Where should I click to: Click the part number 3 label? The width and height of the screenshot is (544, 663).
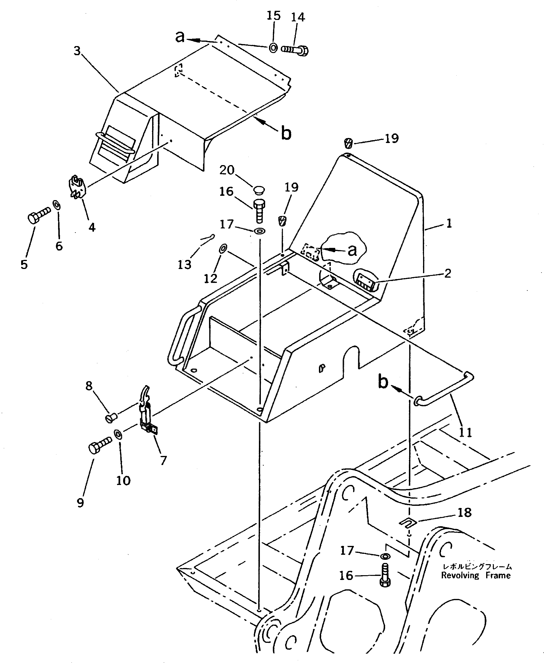pyautogui.click(x=77, y=51)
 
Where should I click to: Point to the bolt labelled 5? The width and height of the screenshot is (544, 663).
pyautogui.click(x=39, y=215)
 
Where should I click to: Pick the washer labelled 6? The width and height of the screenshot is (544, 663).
pyautogui.click(x=57, y=206)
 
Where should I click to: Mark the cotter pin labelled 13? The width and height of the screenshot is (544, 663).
pyautogui.click(x=207, y=238)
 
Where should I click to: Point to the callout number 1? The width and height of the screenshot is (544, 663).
pyautogui.click(x=449, y=223)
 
